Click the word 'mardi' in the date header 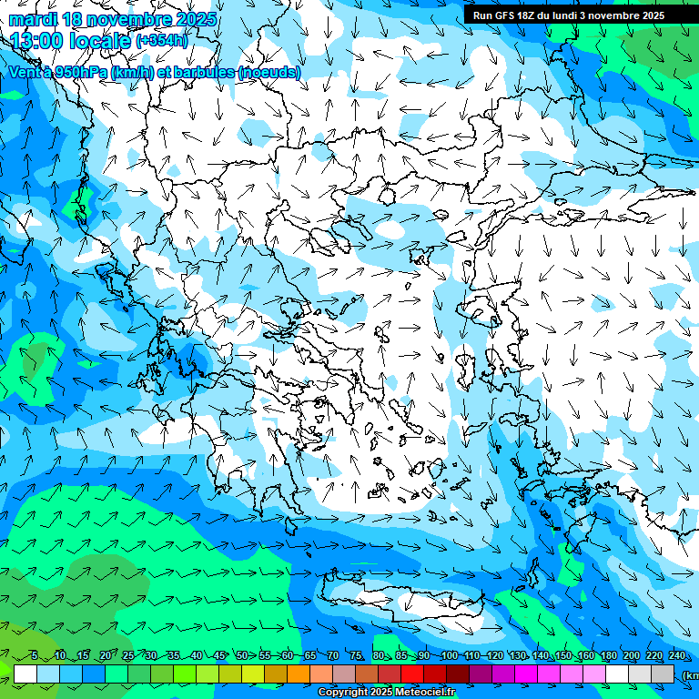pos(33,19)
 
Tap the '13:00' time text pos(38,40)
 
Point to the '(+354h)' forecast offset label pos(161,41)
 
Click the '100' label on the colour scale pos(448,656)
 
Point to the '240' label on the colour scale pos(677,656)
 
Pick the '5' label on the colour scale pos(35,656)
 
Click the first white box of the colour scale pos(25,674)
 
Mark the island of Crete pos(400,602)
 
